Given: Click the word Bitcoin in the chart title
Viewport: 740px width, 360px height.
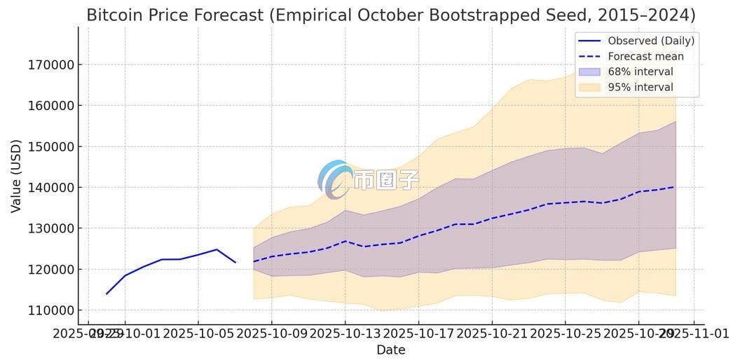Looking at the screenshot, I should (x=114, y=15).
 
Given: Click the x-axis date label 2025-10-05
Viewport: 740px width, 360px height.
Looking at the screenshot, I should (x=198, y=333).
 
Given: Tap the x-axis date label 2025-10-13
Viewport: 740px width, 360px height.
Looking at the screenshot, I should (x=345, y=333).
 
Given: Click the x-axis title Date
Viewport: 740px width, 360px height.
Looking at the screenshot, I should (x=390, y=349).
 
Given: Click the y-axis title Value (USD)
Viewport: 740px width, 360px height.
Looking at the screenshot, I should (x=15, y=176).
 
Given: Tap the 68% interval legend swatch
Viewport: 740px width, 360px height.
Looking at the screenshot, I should (x=589, y=71).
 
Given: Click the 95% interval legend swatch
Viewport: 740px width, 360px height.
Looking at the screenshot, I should (x=589, y=87).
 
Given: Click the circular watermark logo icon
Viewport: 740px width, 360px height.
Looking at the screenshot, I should (x=335, y=179).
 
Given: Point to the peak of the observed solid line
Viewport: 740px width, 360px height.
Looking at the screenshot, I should (x=217, y=249).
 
